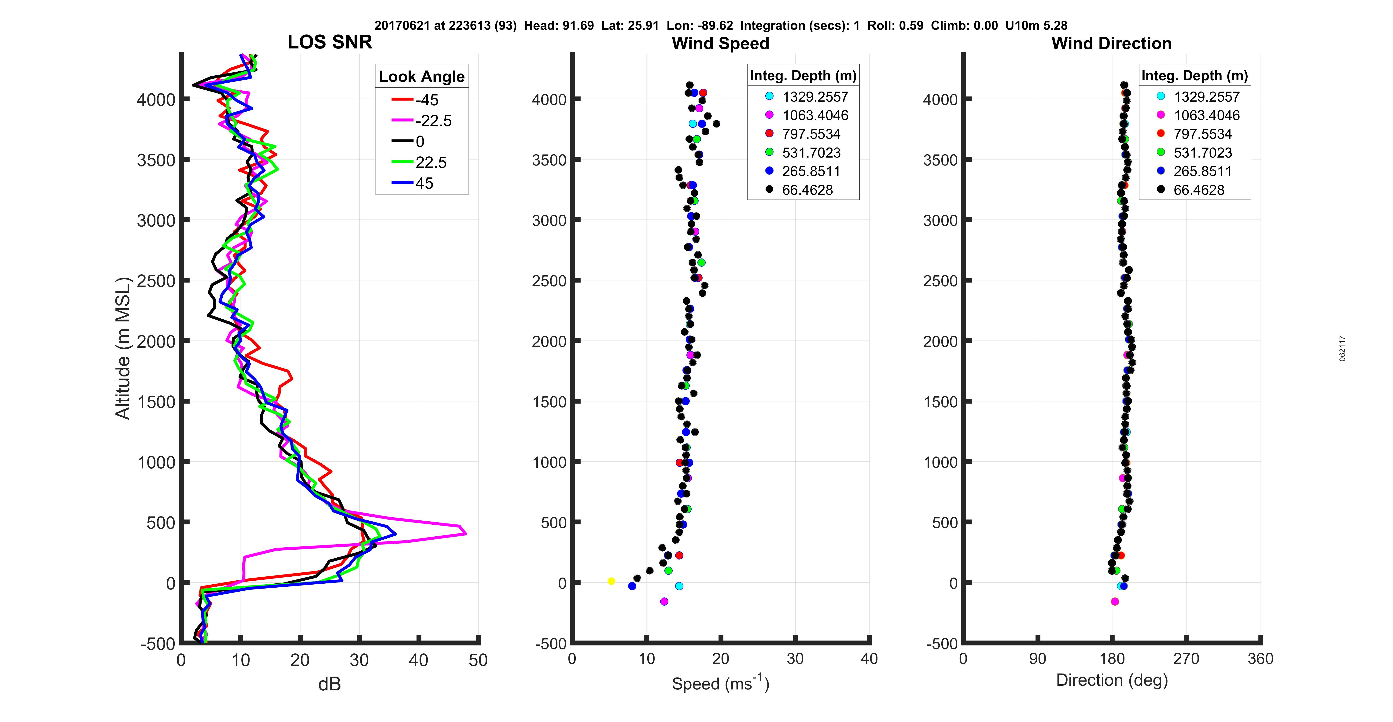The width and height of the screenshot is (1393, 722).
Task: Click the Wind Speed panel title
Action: tap(720, 43)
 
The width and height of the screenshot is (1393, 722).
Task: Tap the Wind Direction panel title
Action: tap(1111, 43)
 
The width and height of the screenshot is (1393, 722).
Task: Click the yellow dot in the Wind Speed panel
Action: tap(611, 581)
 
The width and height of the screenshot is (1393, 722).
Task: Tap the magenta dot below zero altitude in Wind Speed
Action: tap(664, 601)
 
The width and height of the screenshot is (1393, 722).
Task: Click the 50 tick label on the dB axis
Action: tap(478, 660)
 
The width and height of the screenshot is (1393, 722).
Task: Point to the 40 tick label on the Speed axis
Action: tap(869, 659)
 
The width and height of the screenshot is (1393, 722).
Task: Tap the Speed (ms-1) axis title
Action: tap(720, 683)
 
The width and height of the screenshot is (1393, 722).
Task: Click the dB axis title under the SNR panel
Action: tap(329, 684)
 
